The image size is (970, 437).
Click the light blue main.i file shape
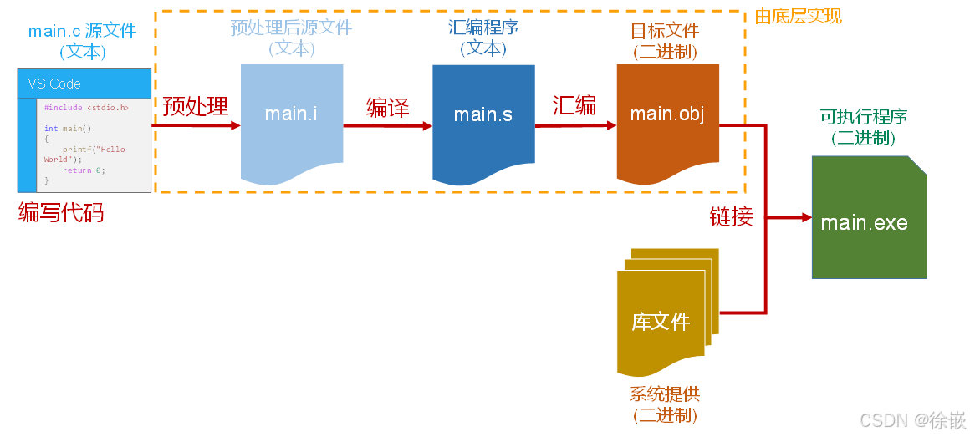coord(291,117)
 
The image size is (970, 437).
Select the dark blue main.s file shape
coord(483,117)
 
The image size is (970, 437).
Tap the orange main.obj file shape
coord(667,117)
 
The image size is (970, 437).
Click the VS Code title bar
coord(84,84)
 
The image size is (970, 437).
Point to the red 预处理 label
coord(195,106)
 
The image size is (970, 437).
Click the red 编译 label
coord(387,107)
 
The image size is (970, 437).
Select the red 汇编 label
coord(574,105)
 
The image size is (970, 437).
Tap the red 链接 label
coord(732,216)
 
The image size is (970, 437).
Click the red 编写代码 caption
coord(61,212)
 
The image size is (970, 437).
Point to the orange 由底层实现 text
coord(798,16)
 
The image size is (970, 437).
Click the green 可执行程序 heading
coord(864,117)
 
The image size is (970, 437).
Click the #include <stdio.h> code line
coord(86,108)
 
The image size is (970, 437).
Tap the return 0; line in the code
coord(84,170)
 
